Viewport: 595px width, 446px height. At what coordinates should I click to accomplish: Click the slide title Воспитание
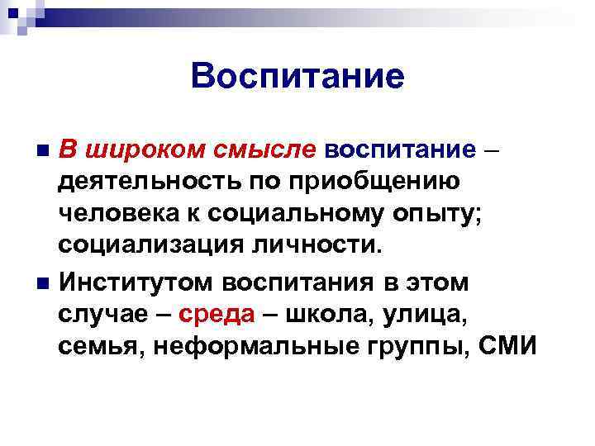click(x=297, y=78)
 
